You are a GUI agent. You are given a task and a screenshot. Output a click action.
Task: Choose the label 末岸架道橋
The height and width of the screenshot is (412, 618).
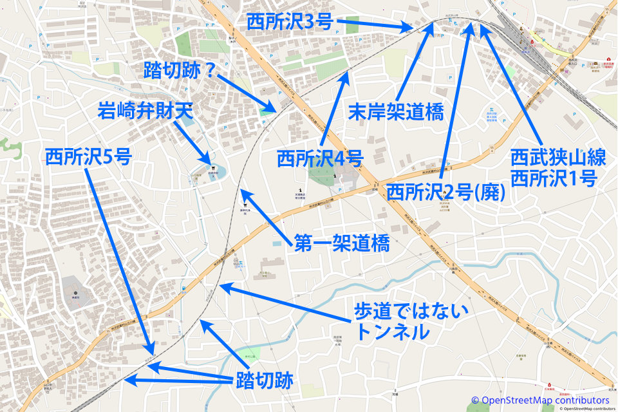coord(395,112)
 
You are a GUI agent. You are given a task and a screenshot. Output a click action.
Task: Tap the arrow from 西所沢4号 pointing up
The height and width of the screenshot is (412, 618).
coord(335,109)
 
